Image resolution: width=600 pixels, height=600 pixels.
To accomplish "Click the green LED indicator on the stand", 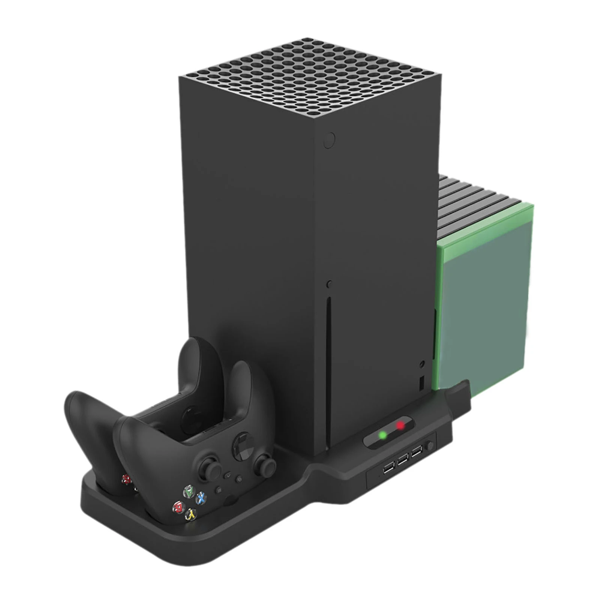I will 383,435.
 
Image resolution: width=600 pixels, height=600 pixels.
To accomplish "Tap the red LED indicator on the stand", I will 401,425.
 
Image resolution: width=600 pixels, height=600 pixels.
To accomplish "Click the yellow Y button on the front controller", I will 192,515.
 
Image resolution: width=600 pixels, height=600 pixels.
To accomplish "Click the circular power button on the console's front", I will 329,140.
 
